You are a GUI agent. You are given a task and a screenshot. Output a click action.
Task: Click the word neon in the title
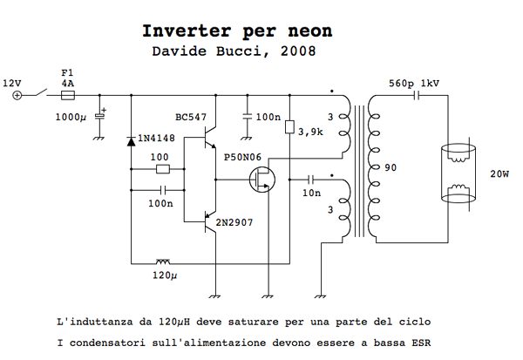[309, 31]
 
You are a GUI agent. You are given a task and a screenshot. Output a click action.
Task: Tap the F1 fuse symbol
[68, 95]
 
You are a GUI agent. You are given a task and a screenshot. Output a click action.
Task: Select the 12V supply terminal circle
[17, 95]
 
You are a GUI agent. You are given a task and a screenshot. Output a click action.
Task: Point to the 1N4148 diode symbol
[132, 141]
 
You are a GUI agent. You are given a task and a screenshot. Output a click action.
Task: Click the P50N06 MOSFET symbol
[262, 180]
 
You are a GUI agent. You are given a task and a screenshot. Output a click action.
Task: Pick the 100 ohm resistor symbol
[163, 169]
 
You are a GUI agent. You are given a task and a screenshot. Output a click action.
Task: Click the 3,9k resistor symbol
[289, 127]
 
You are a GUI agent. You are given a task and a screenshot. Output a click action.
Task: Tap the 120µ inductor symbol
[163, 262]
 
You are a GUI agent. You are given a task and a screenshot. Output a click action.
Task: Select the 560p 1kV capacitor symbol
[416, 96]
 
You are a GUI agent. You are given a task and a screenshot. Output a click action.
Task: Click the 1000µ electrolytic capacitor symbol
[99, 115]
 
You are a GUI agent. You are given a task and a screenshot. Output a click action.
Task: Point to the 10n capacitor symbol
[310, 180]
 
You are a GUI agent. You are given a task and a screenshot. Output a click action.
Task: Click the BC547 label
[191, 117]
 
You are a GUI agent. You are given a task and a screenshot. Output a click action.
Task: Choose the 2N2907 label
[234, 222]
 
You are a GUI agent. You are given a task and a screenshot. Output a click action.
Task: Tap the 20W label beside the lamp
[499, 173]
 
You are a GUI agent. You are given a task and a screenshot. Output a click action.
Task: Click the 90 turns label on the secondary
[391, 167]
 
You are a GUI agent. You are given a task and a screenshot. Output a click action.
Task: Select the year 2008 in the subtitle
[298, 51]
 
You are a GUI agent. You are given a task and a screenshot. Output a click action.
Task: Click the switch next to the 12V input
[40, 92]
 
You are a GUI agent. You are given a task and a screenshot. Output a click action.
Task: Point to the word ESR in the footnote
[421, 343]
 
